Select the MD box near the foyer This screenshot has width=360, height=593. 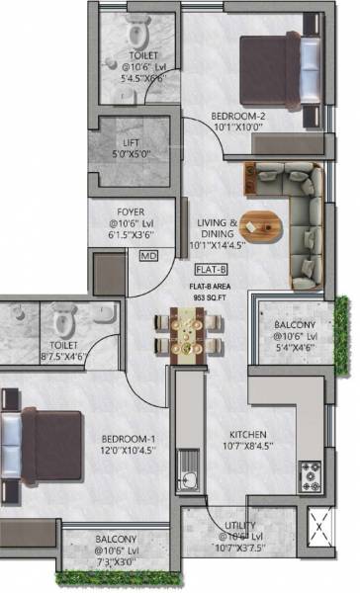click(148, 256)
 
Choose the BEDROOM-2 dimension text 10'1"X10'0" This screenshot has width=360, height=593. click(236, 126)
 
